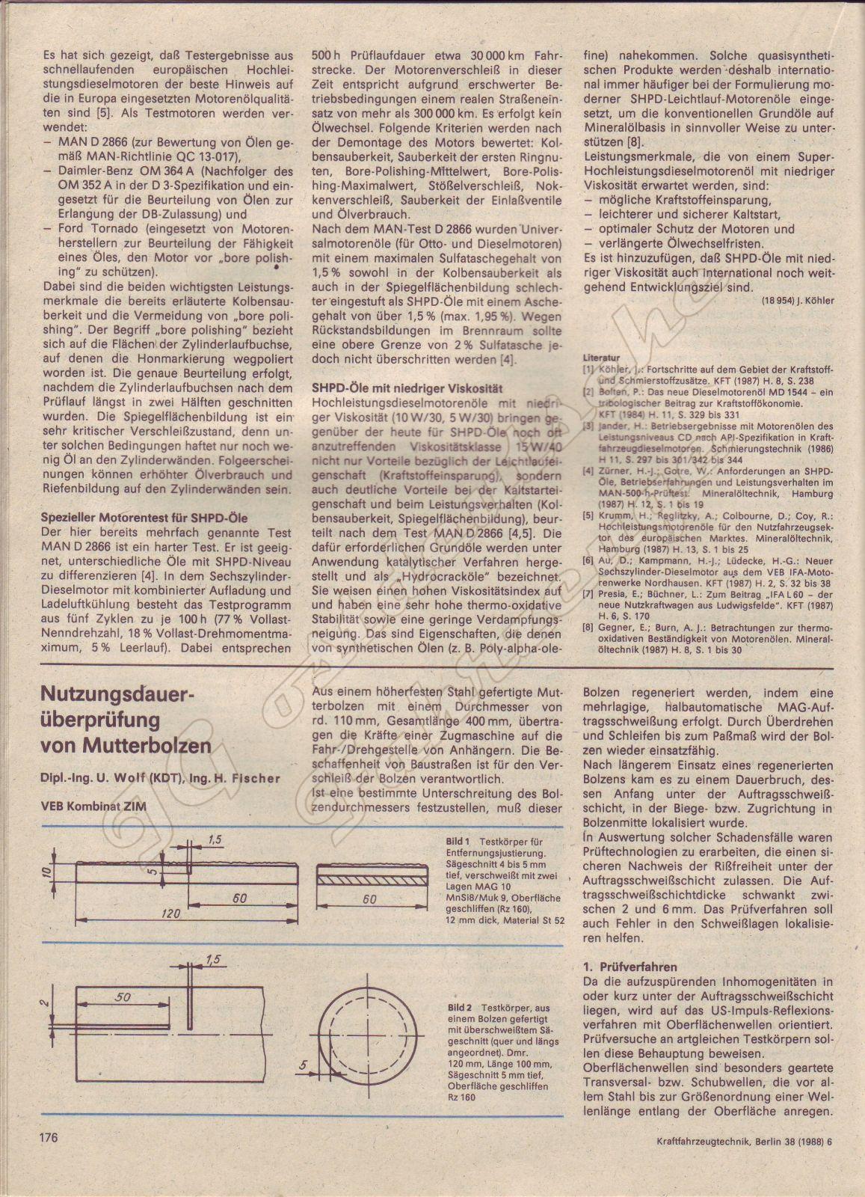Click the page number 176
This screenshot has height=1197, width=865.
[x=44, y=1139]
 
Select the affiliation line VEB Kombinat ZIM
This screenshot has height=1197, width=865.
[x=93, y=805]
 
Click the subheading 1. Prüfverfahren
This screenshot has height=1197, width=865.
[x=629, y=967]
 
